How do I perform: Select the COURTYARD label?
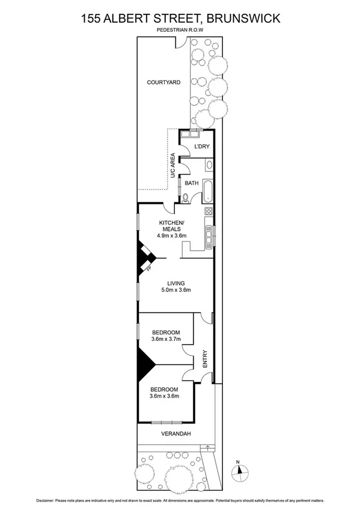point(164,82)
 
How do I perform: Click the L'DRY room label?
point(201,147)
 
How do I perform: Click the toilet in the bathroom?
point(186,197)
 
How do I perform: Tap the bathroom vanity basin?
point(209,165)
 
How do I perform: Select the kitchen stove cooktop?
point(209,211)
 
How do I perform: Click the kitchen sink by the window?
point(209,237)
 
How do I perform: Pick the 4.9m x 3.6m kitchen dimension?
point(171,235)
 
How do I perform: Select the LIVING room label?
point(176,283)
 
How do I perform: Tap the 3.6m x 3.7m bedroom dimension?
point(165,339)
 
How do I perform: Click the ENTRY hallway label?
point(205,360)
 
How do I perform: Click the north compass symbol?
point(239,471)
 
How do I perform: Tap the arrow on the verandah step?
point(208,447)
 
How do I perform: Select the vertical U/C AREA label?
point(172,165)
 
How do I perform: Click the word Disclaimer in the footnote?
point(49,500)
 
